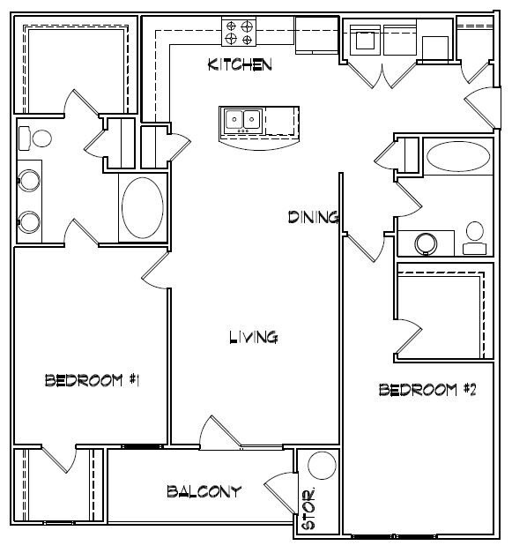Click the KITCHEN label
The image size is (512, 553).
point(238,64)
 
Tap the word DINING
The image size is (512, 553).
point(314,217)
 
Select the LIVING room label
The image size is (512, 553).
point(254,336)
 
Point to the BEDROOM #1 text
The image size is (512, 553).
point(93,380)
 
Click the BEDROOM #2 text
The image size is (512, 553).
point(427,389)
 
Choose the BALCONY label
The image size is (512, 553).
point(203,491)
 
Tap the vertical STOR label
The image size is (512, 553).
point(308,510)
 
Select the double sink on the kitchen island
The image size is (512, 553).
point(241,119)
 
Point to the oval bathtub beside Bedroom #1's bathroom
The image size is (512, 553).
point(142,207)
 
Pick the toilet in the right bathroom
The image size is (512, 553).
point(475,234)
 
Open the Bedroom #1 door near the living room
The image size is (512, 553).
point(154,269)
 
